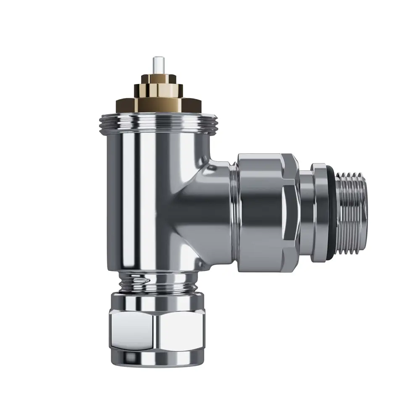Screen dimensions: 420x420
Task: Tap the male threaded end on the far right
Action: pyautogui.click(x=353, y=214)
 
